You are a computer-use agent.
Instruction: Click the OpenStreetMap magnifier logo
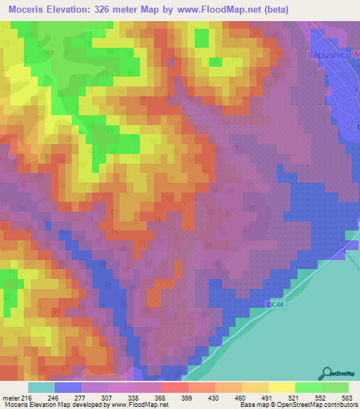coord(327,374)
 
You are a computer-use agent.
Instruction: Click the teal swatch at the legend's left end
coord(41,387)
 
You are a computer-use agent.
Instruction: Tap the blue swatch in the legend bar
coord(67,387)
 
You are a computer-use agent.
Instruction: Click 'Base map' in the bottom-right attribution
coord(252,405)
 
